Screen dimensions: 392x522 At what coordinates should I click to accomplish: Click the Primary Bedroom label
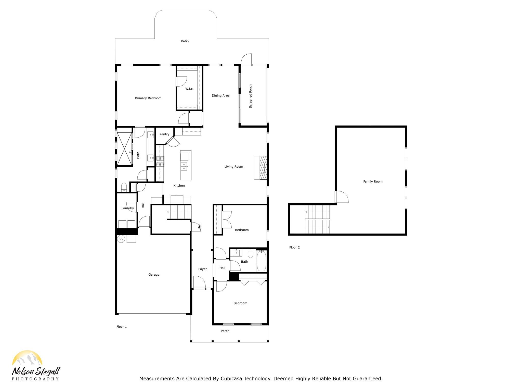pyautogui.click(x=148, y=98)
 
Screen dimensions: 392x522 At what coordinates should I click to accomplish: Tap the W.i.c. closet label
pyautogui.click(x=189, y=89)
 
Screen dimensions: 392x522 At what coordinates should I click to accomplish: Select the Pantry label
pyautogui.click(x=164, y=134)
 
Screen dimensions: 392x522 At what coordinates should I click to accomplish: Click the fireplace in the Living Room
pyautogui.click(x=260, y=168)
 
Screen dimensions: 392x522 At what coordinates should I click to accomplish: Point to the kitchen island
pyautogui.click(x=186, y=165)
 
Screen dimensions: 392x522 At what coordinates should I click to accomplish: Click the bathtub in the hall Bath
pyautogui.click(x=261, y=261)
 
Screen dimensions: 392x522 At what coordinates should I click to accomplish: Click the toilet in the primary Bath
pyautogui.click(x=124, y=187)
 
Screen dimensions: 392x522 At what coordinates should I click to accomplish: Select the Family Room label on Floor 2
pyautogui.click(x=373, y=182)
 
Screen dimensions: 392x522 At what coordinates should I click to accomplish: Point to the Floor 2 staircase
pyautogui.click(x=318, y=219)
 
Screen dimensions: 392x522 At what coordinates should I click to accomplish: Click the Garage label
pyautogui.click(x=154, y=275)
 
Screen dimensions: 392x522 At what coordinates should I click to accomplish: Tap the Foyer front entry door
pyautogui.click(x=199, y=283)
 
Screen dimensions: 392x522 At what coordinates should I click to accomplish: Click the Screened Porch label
pyautogui.click(x=251, y=96)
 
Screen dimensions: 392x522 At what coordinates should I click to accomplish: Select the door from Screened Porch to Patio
pyautogui.click(x=246, y=59)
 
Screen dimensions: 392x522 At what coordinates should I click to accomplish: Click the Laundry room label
pyautogui.click(x=127, y=208)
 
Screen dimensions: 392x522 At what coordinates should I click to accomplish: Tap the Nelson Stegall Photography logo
pyautogui.click(x=36, y=366)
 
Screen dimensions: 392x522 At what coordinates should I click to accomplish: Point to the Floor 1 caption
pyautogui.click(x=122, y=327)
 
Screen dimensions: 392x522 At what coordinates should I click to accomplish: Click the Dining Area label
pyautogui.click(x=220, y=96)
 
